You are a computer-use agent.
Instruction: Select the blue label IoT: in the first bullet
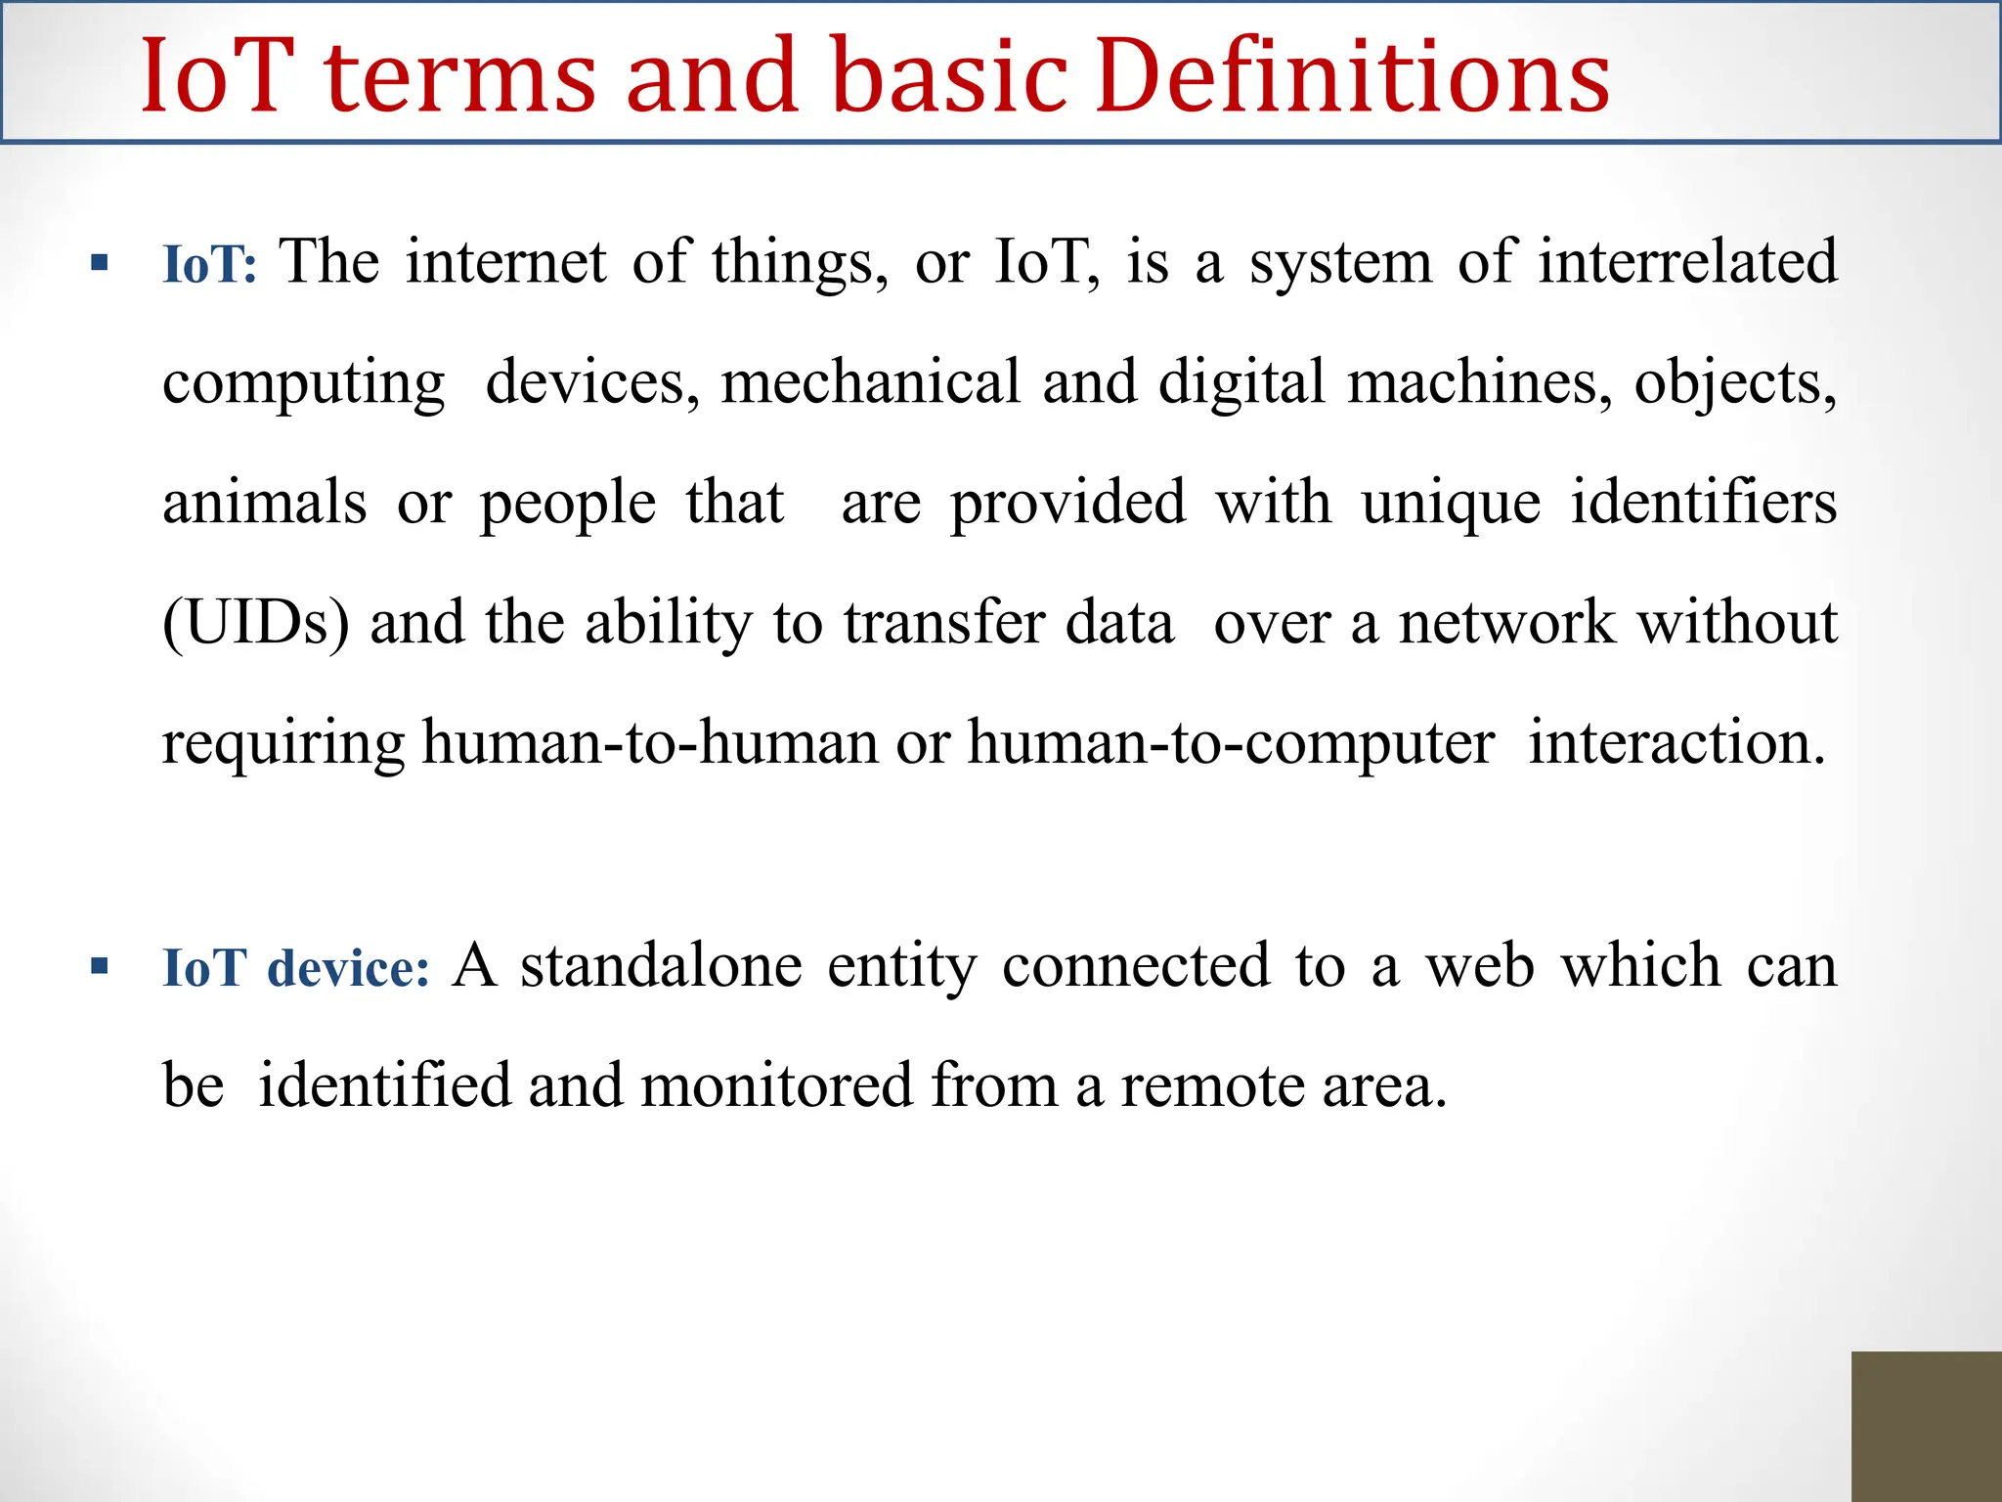coord(209,265)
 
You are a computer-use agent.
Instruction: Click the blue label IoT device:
coord(295,968)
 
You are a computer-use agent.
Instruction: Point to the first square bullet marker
coord(99,262)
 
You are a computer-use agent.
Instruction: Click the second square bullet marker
coord(99,967)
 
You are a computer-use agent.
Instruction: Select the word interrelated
coord(1687,262)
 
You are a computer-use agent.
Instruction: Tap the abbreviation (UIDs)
coord(255,623)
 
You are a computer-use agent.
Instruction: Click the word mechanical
coord(870,382)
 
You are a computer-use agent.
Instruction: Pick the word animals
coord(264,503)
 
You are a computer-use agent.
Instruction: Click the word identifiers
coord(1703,503)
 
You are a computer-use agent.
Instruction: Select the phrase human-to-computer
coord(1231,743)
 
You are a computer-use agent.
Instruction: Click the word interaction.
coord(1676,743)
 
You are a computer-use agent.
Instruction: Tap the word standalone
coord(661,966)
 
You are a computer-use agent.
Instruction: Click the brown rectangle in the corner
coord(1926,1426)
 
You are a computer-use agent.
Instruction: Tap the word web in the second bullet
coord(1479,966)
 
